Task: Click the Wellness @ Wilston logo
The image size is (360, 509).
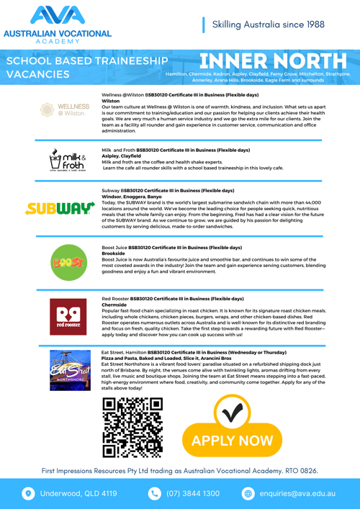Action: (x=61, y=110)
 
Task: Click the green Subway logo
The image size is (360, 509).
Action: (x=60, y=209)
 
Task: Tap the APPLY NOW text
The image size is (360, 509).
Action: (x=233, y=441)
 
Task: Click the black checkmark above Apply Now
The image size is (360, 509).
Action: (x=233, y=414)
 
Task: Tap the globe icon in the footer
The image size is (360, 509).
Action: (x=248, y=494)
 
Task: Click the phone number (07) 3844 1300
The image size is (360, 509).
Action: (x=193, y=494)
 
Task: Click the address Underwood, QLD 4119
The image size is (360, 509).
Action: (x=78, y=494)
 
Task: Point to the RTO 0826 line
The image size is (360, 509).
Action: (x=180, y=470)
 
